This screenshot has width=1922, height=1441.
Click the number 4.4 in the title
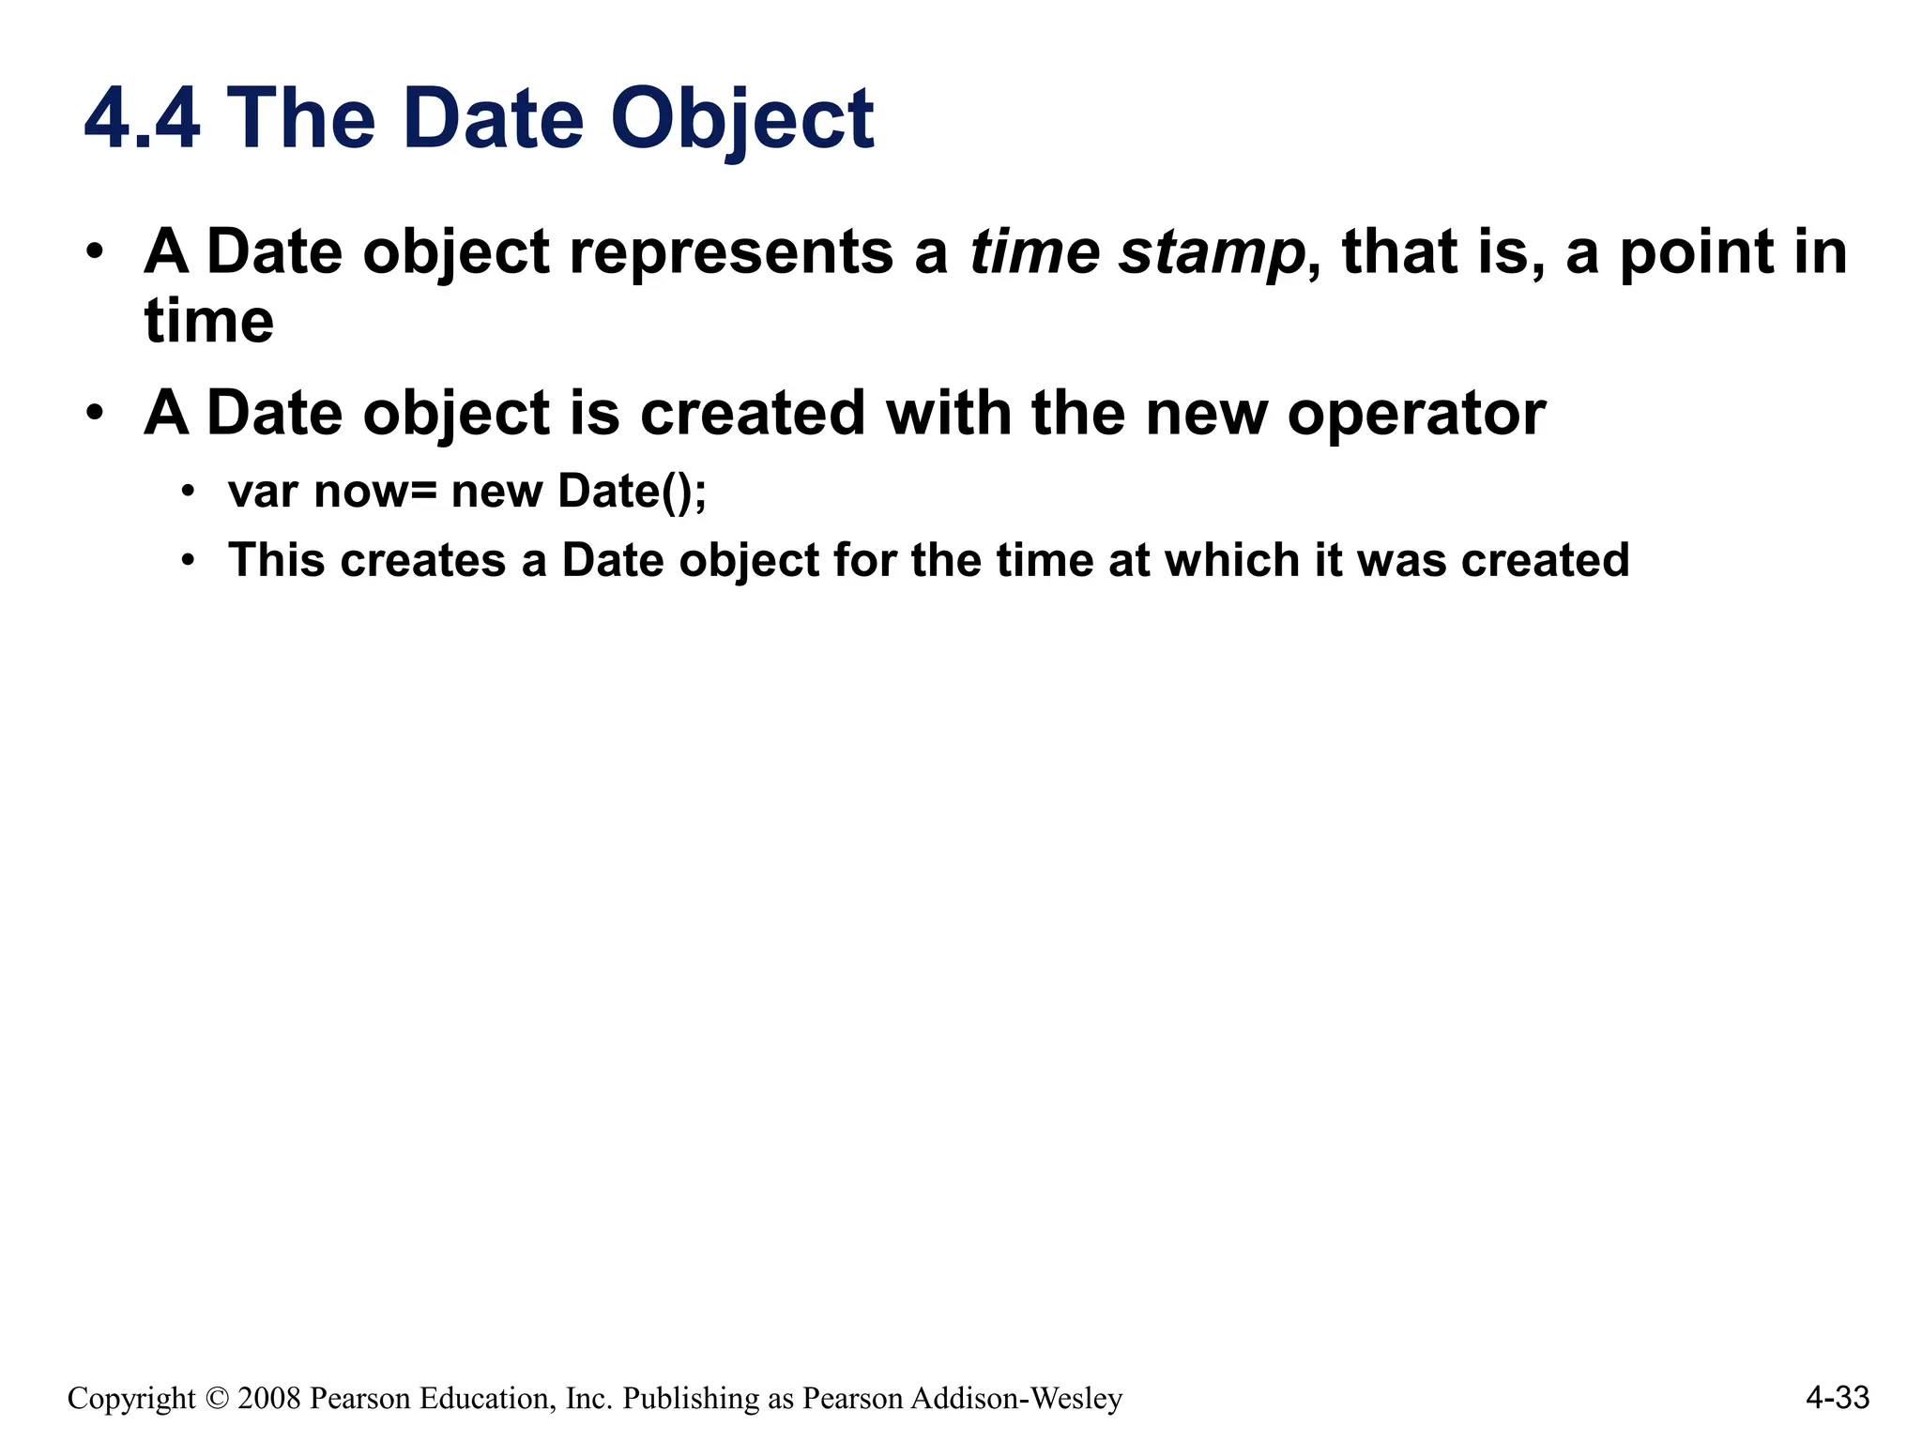(x=142, y=119)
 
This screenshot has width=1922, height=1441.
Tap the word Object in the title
(x=741, y=119)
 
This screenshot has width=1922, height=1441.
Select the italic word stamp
(x=1212, y=252)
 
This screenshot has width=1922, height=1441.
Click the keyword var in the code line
(x=263, y=492)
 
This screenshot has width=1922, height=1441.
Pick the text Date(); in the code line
(x=632, y=492)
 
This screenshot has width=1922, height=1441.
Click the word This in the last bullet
(x=277, y=560)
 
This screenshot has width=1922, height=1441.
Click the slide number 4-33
(x=1838, y=1398)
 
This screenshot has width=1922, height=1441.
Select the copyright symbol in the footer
(x=217, y=1399)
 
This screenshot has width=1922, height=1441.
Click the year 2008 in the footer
(x=269, y=1399)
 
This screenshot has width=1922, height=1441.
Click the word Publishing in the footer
(x=691, y=1399)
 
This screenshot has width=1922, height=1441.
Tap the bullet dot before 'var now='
(x=189, y=492)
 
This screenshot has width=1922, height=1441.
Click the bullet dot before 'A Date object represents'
(x=94, y=252)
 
